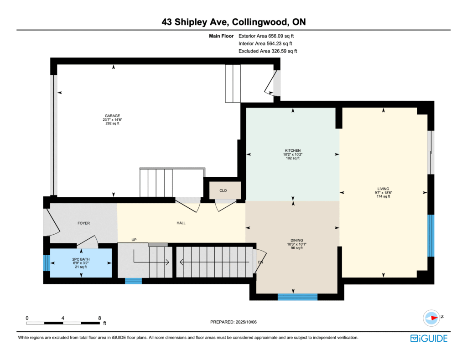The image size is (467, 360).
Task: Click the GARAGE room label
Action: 112,116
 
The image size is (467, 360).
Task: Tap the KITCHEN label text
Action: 293,150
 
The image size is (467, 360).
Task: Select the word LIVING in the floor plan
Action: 383,189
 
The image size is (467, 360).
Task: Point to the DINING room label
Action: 296,241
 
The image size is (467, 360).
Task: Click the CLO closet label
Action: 223,190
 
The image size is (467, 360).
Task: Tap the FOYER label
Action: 84,223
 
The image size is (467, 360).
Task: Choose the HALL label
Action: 181,223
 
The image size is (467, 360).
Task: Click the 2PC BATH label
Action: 81,259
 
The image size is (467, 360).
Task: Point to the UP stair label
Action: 134,240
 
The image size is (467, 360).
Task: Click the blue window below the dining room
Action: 297,297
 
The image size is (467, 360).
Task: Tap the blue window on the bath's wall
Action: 47,263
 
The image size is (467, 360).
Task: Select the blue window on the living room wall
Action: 431,236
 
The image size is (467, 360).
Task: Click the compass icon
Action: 431,318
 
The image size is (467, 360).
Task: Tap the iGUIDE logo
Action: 429,339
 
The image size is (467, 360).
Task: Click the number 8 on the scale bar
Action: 99,318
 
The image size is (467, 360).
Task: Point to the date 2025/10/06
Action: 246,322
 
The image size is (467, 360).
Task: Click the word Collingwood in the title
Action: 260,22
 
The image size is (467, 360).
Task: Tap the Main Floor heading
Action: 221,36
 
